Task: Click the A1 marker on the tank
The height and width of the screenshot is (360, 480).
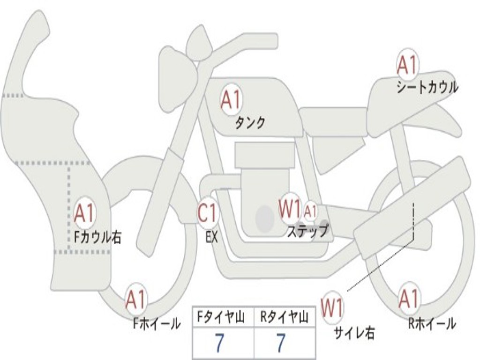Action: (x=231, y=100)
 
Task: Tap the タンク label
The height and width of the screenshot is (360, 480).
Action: (x=250, y=123)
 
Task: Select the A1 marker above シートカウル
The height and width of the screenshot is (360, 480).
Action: (x=407, y=65)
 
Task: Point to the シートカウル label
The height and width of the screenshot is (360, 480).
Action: (x=427, y=87)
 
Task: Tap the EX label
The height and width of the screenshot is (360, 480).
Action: (x=212, y=237)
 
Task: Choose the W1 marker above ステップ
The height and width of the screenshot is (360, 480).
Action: (x=290, y=209)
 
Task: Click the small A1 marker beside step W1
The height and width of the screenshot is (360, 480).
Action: (x=310, y=211)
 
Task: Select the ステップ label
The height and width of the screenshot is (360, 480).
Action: (x=307, y=231)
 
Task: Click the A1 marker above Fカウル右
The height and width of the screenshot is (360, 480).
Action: (x=84, y=214)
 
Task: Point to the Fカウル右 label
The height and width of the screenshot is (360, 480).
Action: (x=97, y=237)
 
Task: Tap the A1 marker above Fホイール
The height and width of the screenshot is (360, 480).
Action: (x=136, y=300)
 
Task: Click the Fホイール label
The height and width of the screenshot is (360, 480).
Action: (x=157, y=323)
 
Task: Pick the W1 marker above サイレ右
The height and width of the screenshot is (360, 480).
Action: (x=332, y=308)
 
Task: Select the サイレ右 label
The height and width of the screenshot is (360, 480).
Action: (x=354, y=333)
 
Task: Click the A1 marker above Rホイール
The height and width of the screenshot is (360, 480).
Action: (x=408, y=299)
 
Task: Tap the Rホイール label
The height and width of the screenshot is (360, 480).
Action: (x=431, y=323)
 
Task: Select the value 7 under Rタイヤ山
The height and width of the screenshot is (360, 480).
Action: (x=280, y=343)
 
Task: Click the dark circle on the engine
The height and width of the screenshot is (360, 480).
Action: (x=265, y=218)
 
